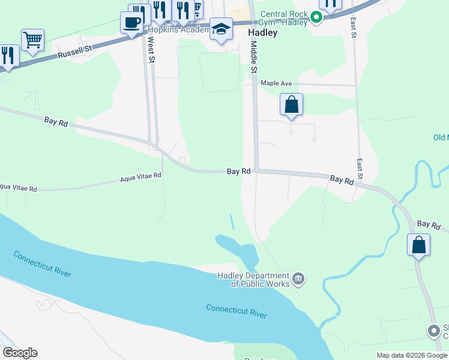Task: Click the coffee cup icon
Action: pos(131,23)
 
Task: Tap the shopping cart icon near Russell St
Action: pos(32,40)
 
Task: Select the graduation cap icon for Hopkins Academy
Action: pos(221,29)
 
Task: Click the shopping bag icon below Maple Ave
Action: pos(291,104)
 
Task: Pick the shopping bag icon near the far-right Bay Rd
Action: pos(418,244)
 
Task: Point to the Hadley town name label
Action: pos(263,33)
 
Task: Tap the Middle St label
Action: pos(254,55)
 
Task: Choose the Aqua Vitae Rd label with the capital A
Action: pos(141,176)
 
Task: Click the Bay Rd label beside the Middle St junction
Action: pos(238,172)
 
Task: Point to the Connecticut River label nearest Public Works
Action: pos(236,311)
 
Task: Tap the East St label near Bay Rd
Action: pos(360,169)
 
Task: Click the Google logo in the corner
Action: pos(20,353)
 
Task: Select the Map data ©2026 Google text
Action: pos(411,355)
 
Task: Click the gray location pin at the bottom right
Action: pos(434,331)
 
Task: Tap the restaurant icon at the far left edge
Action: pos(7,56)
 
